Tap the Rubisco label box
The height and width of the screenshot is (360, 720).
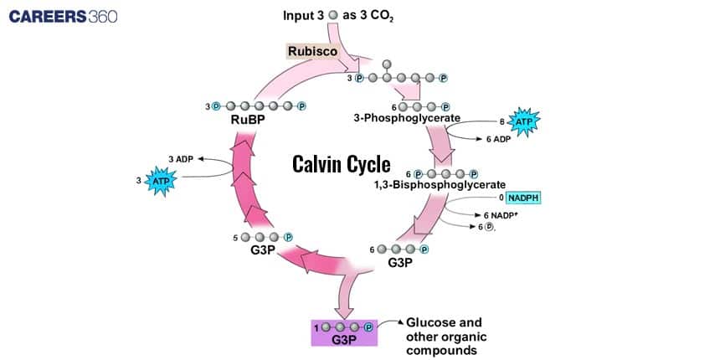[312, 51]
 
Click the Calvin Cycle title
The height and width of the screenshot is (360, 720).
[341, 163]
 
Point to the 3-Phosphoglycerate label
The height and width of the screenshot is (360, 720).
[407, 119]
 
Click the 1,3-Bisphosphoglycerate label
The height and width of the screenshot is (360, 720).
[440, 185]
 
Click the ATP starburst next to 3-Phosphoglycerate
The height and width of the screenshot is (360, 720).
[524, 122]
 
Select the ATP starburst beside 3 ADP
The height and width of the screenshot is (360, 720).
[159, 180]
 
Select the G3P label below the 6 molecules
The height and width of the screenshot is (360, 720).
[400, 263]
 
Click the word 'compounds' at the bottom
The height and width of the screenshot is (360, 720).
[441, 350]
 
